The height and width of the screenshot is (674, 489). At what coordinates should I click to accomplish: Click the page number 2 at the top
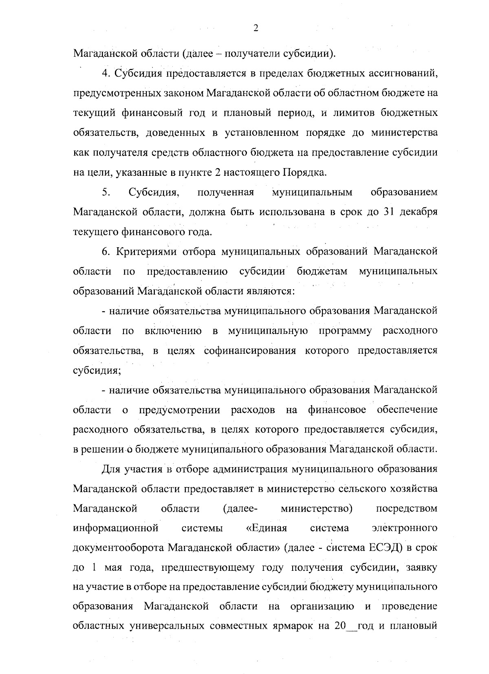(256, 28)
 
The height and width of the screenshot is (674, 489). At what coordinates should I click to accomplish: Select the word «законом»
(180, 93)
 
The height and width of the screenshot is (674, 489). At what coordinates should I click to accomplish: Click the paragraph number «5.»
(106, 192)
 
